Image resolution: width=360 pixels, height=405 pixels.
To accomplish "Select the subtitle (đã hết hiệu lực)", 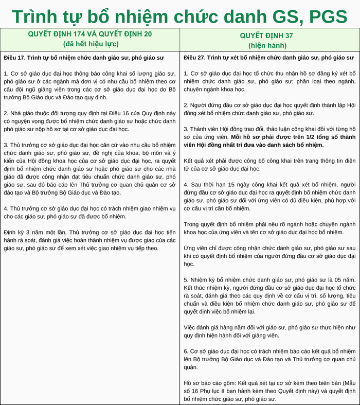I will point(89,44).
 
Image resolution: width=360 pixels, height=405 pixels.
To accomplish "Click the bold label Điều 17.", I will point(15,57).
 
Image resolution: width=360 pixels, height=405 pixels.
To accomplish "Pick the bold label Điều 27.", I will point(195,57).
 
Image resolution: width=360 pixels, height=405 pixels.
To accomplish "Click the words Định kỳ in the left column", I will point(14,232).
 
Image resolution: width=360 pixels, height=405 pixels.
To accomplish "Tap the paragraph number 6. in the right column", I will point(186,351).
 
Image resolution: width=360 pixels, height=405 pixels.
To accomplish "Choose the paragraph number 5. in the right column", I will point(186,280).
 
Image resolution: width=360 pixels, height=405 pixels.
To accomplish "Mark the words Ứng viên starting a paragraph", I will point(195,248).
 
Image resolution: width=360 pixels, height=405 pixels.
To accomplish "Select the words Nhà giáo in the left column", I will point(22,113).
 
